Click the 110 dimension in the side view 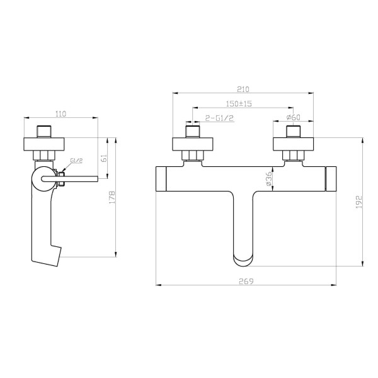click(x=60, y=113)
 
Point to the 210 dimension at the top click(x=243, y=89)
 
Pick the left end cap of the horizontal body click(x=161, y=178)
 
